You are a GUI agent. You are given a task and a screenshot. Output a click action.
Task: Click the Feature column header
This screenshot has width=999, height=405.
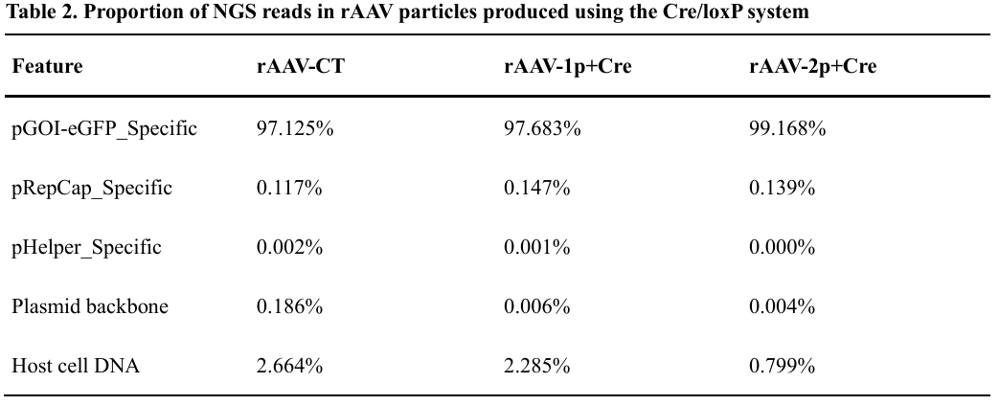coord(47,66)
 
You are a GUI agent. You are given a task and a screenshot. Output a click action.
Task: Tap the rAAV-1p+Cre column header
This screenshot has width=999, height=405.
coord(568,66)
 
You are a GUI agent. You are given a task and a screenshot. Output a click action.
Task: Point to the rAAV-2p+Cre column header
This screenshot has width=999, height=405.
coord(813,66)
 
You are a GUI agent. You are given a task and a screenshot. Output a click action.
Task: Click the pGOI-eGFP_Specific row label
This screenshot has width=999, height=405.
coord(104,128)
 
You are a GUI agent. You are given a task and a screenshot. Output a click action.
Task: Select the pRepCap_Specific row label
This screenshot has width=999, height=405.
coord(92,189)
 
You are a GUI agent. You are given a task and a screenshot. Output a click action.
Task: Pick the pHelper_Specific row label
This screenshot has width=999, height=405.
coord(86,248)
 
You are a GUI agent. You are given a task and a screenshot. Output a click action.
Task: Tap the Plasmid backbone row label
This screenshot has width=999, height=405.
coord(90,307)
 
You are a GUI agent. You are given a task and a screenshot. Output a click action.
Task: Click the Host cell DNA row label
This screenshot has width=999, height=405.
coord(76,366)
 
